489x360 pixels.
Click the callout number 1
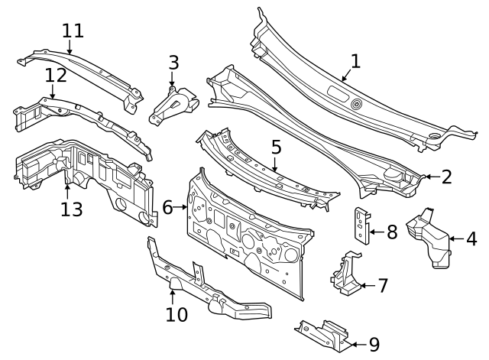[x=355, y=61]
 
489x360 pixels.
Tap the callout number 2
[x=446, y=177]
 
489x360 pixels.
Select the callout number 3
[x=173, y=63]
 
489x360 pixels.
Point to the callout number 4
[x=471, y=239]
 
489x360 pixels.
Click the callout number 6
[x=167, y=206]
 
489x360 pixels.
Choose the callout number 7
[x=382, y=287]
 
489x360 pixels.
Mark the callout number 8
[x=391, y=232]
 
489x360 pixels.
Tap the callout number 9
[x=374, y=345]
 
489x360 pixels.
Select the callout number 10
[x=176, y=314]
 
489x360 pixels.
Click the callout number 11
[x=73, y=31]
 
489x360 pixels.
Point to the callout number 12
[x=56, y=76]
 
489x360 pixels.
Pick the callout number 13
[x=71, y=208]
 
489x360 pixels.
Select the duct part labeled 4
[x=429, y=238]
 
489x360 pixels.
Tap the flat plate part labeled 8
[x=360, y=225]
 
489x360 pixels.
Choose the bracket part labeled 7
[x=344, y=277]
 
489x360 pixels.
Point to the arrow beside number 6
[x=182, y=206]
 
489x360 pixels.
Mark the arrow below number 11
[x=70, y=47]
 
